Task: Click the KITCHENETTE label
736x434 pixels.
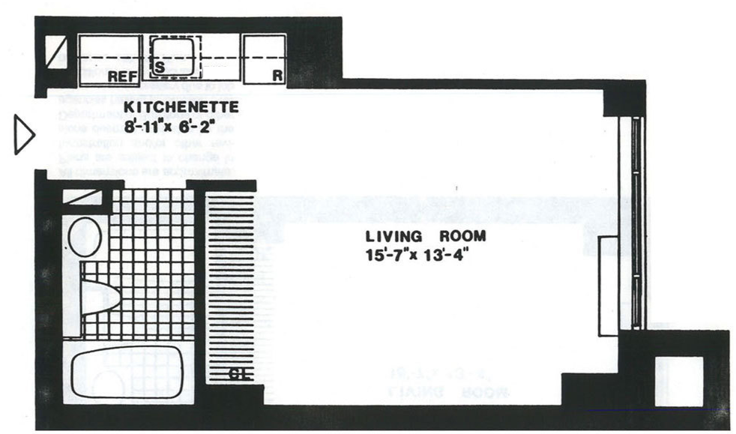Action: point(181,107)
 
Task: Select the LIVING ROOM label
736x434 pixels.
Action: point(420,236)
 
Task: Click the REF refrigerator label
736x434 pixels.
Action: point(121,76)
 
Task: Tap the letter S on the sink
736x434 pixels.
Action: point(160,67)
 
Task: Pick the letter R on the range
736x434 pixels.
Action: point(277,76)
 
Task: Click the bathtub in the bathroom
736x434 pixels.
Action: point(127,377)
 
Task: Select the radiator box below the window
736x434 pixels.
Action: point(608,286)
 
